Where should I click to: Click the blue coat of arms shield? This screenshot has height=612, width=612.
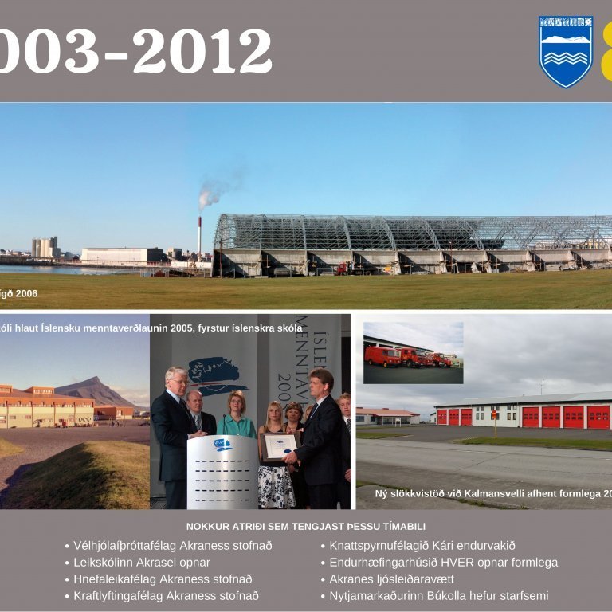click(566, 51)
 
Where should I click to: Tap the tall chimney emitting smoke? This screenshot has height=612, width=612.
click(199, 235)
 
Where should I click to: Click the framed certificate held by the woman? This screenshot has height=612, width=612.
click(280, 446)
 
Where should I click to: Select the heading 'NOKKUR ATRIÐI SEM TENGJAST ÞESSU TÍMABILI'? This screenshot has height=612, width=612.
click(306, 526)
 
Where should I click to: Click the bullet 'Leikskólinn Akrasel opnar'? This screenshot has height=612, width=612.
click(142, 563)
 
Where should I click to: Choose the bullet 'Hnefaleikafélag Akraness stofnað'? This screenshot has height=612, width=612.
click(163, 579)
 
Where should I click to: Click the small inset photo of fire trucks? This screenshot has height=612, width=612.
click(413, 352)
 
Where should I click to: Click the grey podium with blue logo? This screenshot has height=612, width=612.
click(222, 470)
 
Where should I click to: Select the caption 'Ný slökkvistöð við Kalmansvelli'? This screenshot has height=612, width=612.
click(478, 494)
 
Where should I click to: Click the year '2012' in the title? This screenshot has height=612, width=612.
click(202, 51)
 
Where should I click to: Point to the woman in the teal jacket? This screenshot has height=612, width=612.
click(237, 418)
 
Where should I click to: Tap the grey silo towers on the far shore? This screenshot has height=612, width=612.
click(45, 247)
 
